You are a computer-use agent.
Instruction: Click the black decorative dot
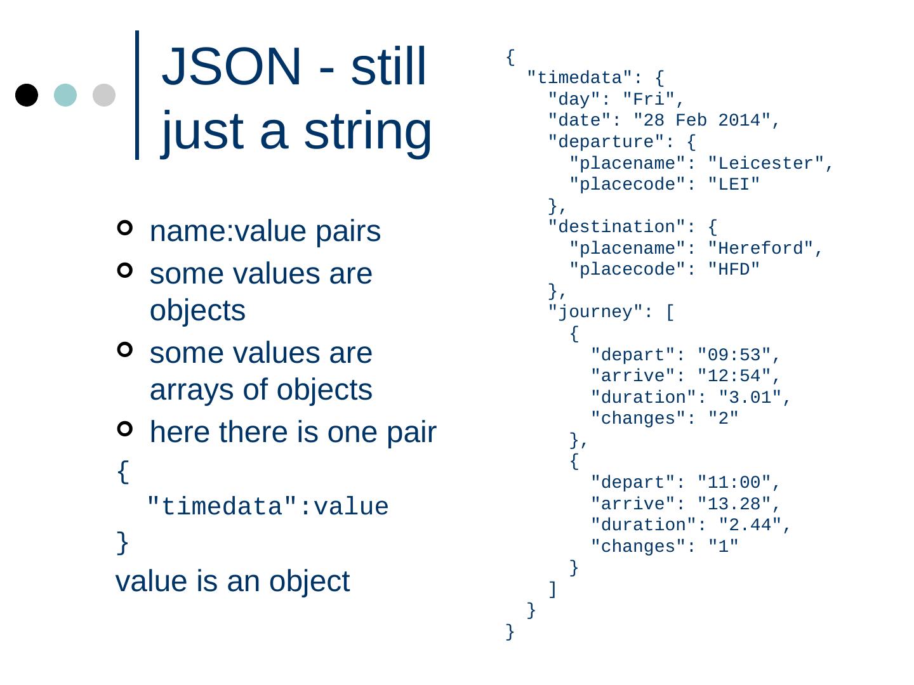coord(27,95)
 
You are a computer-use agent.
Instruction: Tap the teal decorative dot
coord(65,95)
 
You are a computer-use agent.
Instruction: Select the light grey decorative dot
coord(104,95)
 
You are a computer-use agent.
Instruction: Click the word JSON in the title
coord(232,67)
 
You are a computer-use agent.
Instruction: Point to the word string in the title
coord(368,131)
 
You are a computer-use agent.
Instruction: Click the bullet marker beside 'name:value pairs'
coord(125,228)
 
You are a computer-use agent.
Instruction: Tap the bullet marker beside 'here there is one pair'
coord(125,429)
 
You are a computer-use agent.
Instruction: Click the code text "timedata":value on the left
coord(267,507)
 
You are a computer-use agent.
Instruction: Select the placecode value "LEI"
coord(734,185)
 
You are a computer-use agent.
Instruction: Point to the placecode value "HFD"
coord(734,270)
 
